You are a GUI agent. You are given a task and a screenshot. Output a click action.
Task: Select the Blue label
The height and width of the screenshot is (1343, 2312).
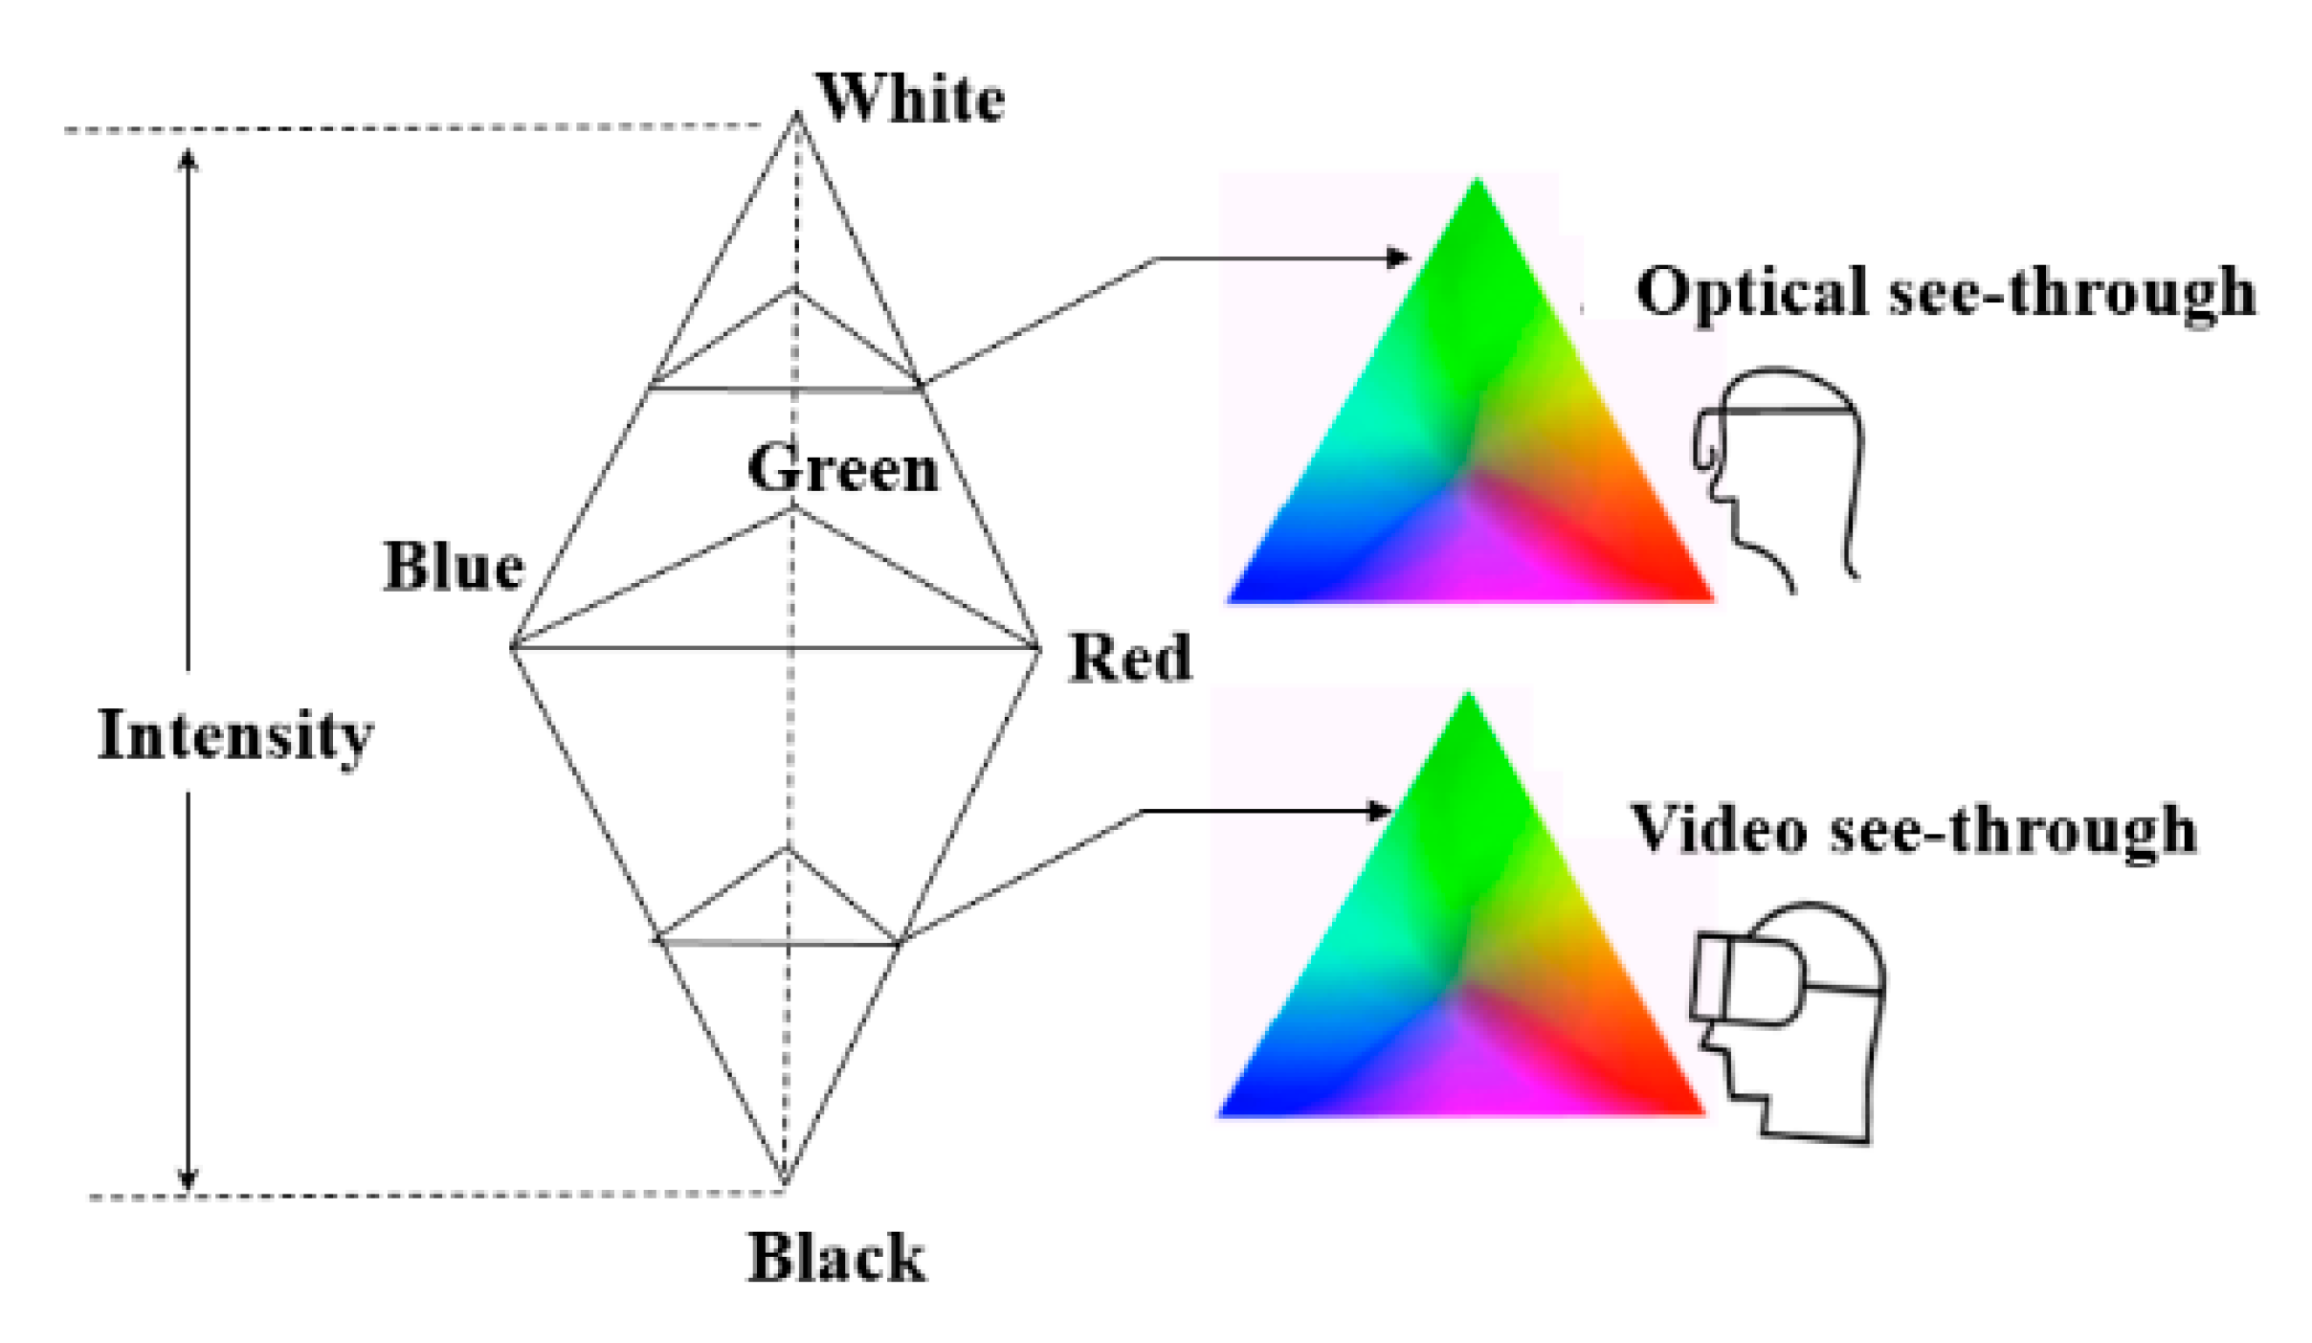[454, 567]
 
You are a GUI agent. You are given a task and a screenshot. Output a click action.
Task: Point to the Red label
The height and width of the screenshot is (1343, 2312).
[1129, 659]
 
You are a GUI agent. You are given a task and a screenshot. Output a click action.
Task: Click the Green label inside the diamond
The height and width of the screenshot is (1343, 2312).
[842, 469]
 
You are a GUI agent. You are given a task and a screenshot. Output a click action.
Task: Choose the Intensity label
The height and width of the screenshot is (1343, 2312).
[235, 736]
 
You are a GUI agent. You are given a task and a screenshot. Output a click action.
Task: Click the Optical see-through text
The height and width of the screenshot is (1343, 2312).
[1945, 291]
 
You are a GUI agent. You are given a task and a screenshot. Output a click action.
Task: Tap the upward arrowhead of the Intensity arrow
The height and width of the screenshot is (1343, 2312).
[189, 158]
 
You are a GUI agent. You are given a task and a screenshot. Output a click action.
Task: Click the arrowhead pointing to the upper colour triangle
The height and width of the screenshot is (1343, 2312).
[1399, 257]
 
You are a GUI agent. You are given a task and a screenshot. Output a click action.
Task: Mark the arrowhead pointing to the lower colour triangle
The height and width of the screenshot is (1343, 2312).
[1381, 812]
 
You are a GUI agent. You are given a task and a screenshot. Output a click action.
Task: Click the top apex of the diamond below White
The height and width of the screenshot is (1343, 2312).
[796, 117]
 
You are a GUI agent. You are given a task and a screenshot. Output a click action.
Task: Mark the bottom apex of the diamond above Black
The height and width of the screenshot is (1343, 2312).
[785, 1183]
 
